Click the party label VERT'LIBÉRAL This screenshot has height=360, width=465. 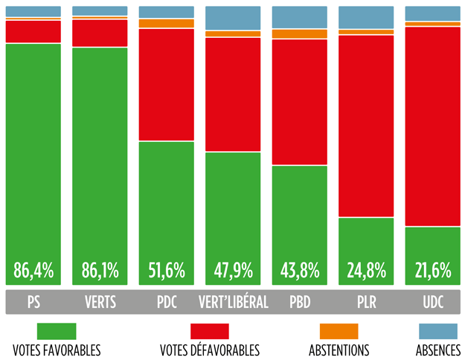pyautogui.click(x=233, y=303)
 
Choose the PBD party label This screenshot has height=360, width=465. pyautogui.click(x=299, y=303)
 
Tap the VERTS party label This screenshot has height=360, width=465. pyautogui.click(x=100, y=303)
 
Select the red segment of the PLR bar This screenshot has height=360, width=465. pyautogui.click(x=366, y=126)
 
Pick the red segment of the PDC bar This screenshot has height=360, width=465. pyautogui.click(x=166, y=85)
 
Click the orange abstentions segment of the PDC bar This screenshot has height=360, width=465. pyautogui.click(x=166, y=24)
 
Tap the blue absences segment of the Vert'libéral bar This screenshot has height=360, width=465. pyautogui.click(x=233, y=18)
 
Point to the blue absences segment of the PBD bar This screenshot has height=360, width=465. pyautogui.click(x=299, y=17)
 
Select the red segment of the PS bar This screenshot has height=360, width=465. pyautogui.click(x=33, y=32)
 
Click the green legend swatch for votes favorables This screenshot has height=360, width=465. pyautogui.click(x=57, y=331)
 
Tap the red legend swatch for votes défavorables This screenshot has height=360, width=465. pyautogui.click(x=209, y=331)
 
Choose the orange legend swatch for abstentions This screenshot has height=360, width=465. pyautogui.click(x=339, y=331)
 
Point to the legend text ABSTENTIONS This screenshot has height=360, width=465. pyautogui.click(x=339, y=350)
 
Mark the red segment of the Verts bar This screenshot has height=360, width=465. pyautogui.click(x=100, y=33)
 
